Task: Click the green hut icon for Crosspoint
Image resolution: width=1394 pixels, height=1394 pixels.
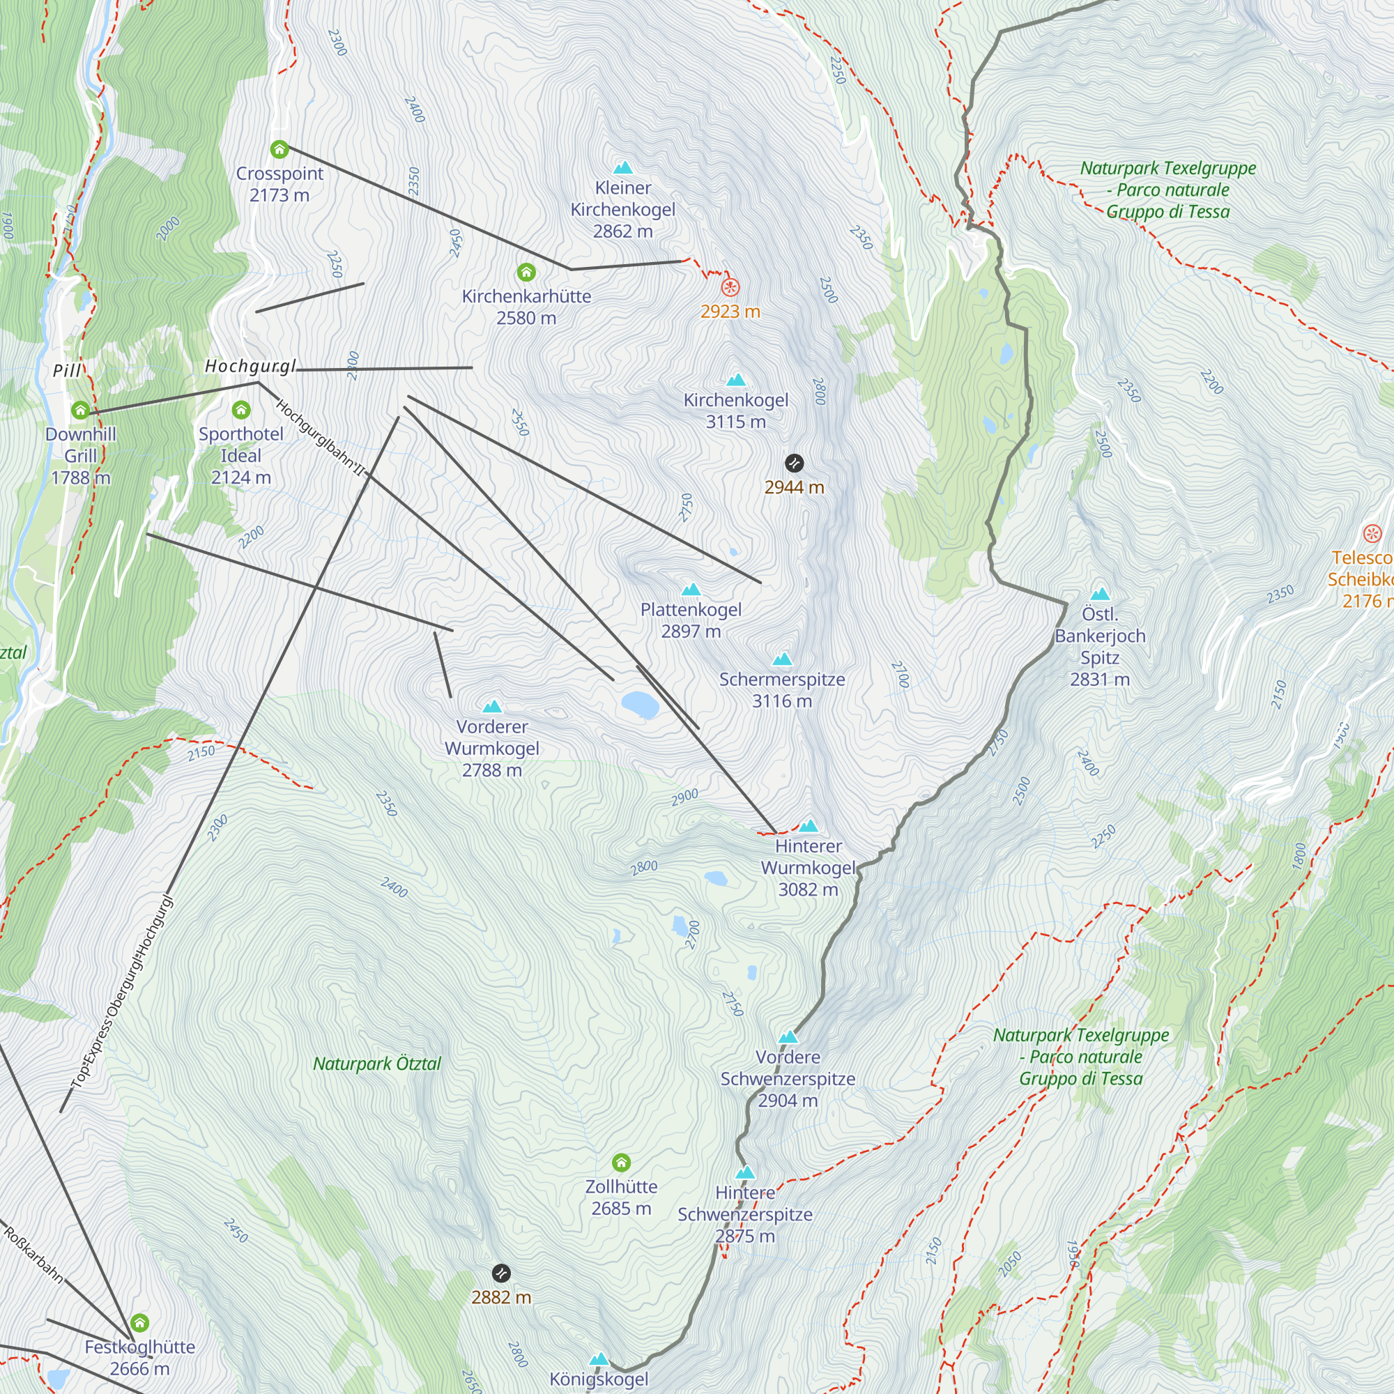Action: click(x=279, y=149)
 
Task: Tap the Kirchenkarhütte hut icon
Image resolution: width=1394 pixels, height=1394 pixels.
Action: click(x=526, y=272)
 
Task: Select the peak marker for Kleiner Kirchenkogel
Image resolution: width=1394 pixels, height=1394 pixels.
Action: click(x=622, y=168)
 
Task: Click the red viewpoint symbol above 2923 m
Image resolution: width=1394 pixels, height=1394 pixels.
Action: click(x=730, y=287)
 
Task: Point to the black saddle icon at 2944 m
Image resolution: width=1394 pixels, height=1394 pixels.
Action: click(x=794, y=463)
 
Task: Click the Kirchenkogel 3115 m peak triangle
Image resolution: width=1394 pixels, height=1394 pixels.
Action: click(x=735, y=381)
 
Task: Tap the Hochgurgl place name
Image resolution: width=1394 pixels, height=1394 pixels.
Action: click(x=250, y=367)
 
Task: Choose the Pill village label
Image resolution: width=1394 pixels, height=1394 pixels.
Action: click(x=67, y=371)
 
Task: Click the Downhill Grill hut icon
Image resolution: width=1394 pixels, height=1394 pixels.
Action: click(x=80, y=410)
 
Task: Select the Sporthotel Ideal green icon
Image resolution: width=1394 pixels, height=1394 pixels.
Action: click(x=241, y=410)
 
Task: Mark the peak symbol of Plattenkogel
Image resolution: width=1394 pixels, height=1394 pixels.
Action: click(x=691, y=590)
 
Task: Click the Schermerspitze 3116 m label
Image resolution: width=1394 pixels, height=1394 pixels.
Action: click(x=781, y=690)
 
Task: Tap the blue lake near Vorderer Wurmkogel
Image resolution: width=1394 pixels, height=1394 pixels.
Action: click(x=640, y=704)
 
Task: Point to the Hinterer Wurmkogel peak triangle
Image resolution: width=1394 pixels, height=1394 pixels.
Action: click(x=808, y=826)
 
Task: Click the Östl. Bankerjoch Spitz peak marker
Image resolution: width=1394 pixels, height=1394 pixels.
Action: click(x=1100, y=595)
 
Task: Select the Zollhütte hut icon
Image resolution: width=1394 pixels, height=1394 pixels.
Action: click(x=621, y=1163)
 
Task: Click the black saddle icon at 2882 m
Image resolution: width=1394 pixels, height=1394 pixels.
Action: click(x=500, y=1273)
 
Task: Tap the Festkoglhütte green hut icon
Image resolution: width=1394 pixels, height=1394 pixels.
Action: click(x=139, y=1323)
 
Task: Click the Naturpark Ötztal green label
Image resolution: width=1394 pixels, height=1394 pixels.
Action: click(x=376, y=1064)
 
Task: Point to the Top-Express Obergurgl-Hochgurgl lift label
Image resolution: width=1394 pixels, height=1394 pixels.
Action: click(x=123, y=992)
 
